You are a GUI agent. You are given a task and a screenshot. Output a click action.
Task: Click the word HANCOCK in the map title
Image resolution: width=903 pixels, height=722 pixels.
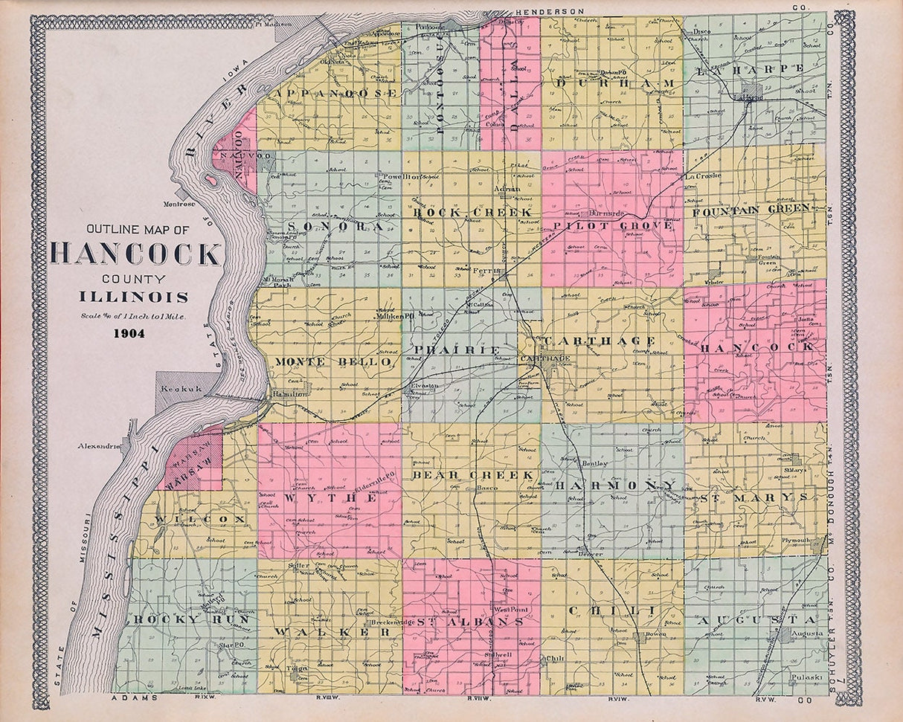tap(135, 254)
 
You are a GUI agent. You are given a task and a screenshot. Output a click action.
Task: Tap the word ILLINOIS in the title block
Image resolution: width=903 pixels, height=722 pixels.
tap(134, 297)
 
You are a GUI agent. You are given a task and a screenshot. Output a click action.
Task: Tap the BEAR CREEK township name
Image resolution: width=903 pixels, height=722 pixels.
tap(473, 474)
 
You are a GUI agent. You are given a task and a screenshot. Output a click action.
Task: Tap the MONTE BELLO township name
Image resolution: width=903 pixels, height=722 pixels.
tap(332, 361)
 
